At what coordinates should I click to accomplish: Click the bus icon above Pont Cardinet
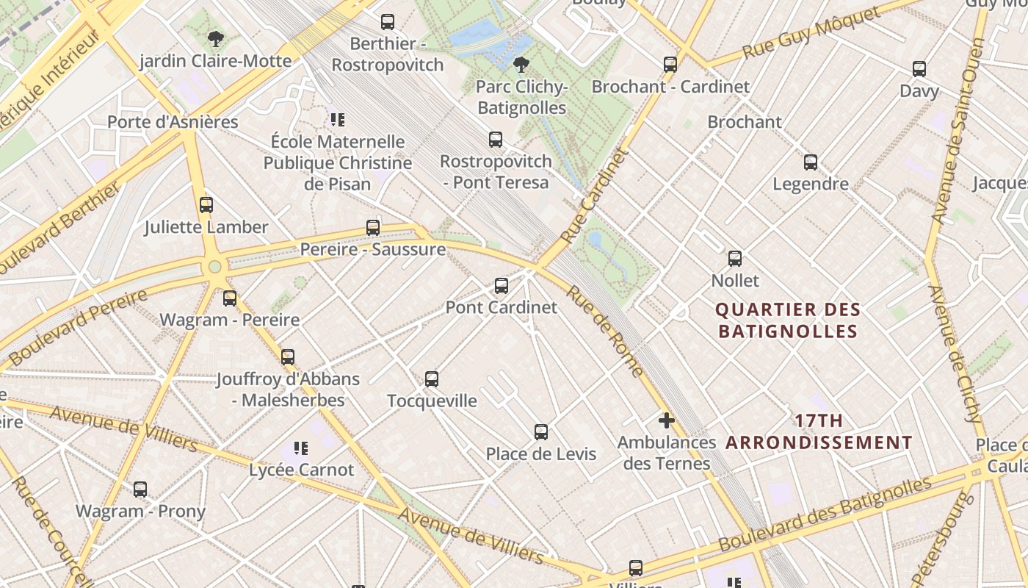[502, 286]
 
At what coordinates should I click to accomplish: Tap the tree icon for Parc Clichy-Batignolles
[521, 65]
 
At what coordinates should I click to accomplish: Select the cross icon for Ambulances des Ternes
[667, 420]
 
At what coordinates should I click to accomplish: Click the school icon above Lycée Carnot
[301, 448]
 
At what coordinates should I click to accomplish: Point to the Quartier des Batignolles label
[787, 320]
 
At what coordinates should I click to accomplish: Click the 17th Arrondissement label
[819, 432]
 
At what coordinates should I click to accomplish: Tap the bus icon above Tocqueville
[432, 379]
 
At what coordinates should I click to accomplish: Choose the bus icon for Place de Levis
[541, 432]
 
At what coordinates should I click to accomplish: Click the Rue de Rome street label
[606, 331]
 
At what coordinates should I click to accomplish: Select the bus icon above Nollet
[735, 259]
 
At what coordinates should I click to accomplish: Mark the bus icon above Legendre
[811, 162]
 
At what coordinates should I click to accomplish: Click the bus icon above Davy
[919, 69]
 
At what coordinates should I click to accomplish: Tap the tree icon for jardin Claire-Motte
[215, 39]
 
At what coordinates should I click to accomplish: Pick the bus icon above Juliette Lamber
[206, 205]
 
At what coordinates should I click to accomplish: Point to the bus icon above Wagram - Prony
[140, 489]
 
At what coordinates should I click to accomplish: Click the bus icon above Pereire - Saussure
[373, 228]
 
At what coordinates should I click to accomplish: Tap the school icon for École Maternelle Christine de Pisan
[338, 119]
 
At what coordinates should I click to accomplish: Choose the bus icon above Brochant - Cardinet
[670, 65]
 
